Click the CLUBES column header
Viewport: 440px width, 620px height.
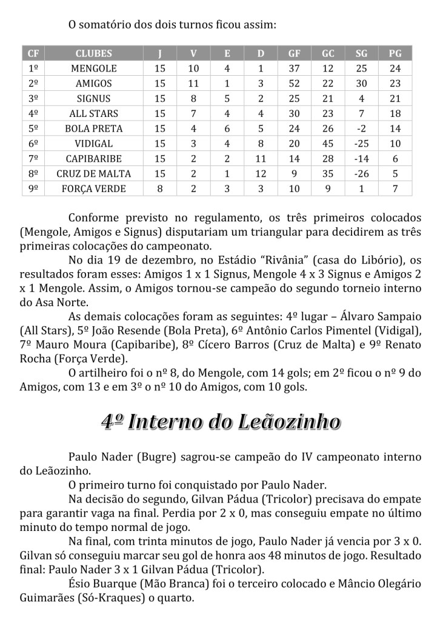[x=94, y=53]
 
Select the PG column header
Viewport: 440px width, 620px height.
[x=395, y=53]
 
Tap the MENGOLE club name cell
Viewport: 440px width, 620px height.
[x=94, y=68]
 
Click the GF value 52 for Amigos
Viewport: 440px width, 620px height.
[x=295, y=84]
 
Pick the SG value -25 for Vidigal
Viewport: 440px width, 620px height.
[x=361, y=144]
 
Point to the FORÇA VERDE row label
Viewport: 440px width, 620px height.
[x=94, y=188]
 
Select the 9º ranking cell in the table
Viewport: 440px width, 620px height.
[x=33, y=188]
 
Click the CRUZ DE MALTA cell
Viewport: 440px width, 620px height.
[x=94, y=173]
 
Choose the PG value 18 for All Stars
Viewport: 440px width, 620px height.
[x=395, y=113]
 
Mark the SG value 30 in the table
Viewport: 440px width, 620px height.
[x=361, y=84]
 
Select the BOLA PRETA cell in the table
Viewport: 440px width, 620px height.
[x=94, y=128]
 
